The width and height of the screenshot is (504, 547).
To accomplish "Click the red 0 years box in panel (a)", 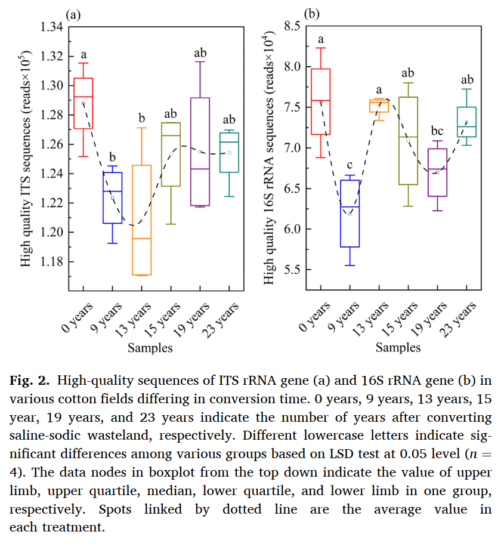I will [x=83, y=103].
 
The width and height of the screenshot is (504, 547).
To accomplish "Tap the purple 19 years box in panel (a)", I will [x=200, y=152].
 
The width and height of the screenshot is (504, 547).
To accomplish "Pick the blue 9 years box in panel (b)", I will [x=350, y=213].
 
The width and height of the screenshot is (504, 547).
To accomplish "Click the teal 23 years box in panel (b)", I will [x=466, y=122].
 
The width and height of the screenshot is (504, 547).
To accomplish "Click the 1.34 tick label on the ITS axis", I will [x=51, y=27].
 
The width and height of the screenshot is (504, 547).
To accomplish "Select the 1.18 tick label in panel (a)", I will [x=51, y=262].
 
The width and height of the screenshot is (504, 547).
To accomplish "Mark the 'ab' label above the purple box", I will [x=200, y=54].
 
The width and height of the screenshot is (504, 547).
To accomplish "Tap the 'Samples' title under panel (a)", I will [x=149, y=348].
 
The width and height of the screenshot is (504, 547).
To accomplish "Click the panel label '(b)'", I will [x=311, y=13].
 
